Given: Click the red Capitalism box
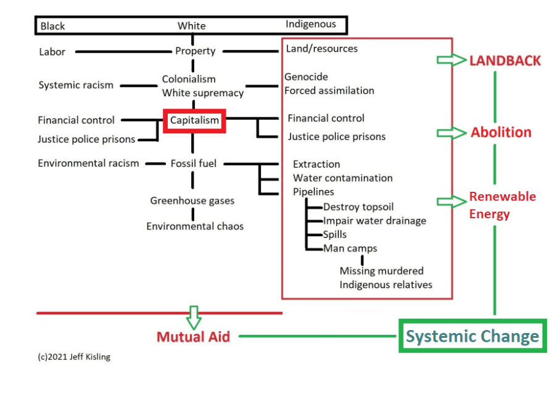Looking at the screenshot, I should click(194, 120).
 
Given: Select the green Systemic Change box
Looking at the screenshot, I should click(472, 336).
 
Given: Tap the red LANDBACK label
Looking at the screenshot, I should click(505, 60).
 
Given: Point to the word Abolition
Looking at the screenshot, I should click(501, 132).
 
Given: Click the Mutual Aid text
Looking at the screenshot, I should click(193, 337).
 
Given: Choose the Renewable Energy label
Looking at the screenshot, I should click(502, 205).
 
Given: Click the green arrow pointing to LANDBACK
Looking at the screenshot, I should click(451, 60).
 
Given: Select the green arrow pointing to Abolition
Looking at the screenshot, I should click(451, 133).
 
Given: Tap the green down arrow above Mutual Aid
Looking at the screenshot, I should click(194, 317).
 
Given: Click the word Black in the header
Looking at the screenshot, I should click(52, 26).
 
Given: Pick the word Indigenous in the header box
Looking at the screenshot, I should click(311, 24).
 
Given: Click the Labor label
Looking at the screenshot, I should click(52, 52).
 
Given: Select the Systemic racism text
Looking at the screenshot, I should click(76, 85).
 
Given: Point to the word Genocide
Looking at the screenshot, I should click(306, 77).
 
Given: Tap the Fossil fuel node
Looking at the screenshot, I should click(194, 163).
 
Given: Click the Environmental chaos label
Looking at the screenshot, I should click(195, 226).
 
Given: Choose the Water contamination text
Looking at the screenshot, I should click(342, 178).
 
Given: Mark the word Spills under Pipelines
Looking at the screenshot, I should click(335, 234).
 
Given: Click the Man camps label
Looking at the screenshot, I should click(350, 249).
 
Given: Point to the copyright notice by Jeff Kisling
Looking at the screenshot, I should click(74, 356).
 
